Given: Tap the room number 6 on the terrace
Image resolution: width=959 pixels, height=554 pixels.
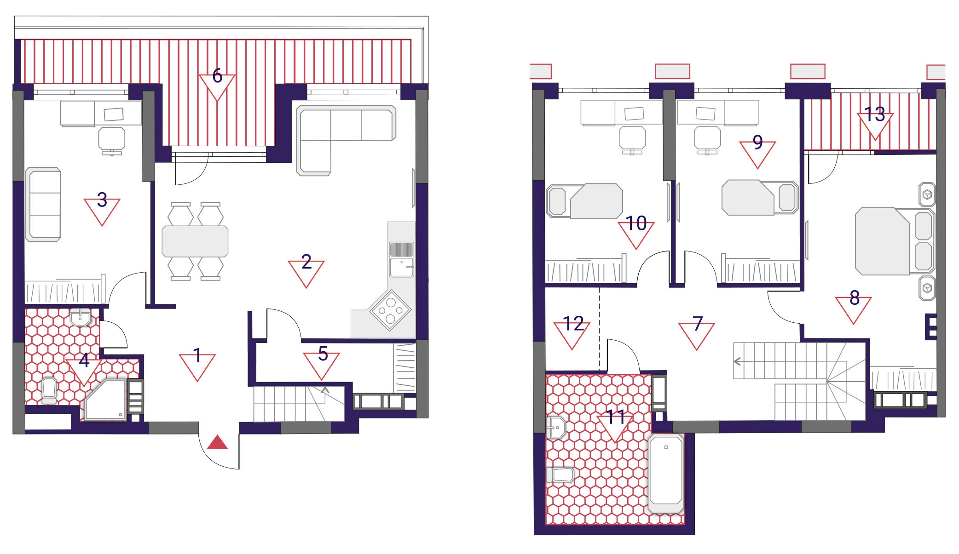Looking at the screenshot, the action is pyautogui.click(x=217, y=76).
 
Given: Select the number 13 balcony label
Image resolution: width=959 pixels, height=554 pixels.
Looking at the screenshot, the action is pyautogui.click(x=874, y=114).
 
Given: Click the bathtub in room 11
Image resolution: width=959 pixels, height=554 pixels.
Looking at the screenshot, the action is pyautogui.click(x=665, y=474).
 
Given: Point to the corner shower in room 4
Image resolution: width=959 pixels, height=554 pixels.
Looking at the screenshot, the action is pyautogui.click(x=105, y=400).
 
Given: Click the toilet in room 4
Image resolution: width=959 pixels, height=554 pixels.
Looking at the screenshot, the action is pyautogui.click(x=49, y=390).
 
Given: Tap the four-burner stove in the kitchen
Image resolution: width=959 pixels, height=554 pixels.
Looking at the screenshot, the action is pyautogui.click(x=390, y=310).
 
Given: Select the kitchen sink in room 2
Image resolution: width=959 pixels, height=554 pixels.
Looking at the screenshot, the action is pyautogui.click(x=402, y=260).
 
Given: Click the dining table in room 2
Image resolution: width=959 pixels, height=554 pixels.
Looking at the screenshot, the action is pyautogui.click(x=195, y=241).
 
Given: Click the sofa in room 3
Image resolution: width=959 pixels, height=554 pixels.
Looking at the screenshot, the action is pyautogui.click(x=43, y=204).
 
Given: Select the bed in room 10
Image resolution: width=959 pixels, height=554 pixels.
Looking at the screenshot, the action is pyautogui.click(x=584, y=201).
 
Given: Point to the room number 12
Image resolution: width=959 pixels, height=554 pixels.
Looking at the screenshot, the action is pyautogui.click(x=573, y=324).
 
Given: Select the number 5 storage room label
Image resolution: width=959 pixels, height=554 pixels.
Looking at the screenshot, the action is pyautogui.click(x=323, y=354).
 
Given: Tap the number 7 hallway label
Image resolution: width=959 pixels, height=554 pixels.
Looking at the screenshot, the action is pyautogui.click(x=698, y=324).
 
